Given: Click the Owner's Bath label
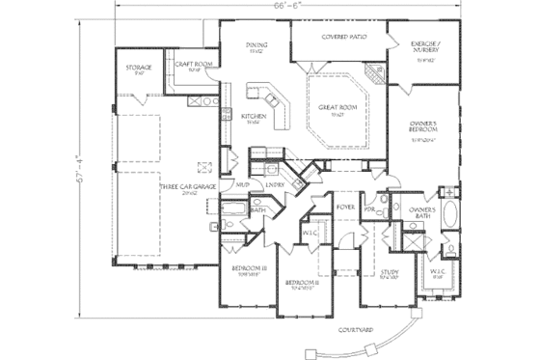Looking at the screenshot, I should pos(422,212).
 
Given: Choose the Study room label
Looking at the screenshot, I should pos(391,272).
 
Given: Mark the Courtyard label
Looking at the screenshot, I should pos(356,331).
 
